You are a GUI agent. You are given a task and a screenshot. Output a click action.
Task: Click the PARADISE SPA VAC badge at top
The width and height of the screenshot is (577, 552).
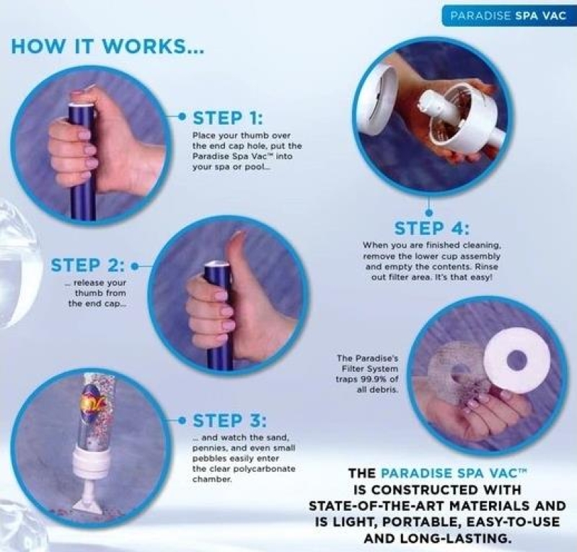pos(508,15)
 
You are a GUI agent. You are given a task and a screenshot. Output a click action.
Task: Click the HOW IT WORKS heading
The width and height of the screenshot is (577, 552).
pos(107,46)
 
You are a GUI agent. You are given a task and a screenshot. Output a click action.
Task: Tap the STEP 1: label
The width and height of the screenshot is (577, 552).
pos(228,118)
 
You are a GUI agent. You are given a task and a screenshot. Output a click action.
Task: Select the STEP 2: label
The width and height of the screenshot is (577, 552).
pos(87,265)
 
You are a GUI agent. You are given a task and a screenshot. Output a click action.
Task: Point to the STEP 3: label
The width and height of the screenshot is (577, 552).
pos(229,421)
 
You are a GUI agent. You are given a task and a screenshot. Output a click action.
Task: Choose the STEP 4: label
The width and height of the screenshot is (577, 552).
pos(431,228)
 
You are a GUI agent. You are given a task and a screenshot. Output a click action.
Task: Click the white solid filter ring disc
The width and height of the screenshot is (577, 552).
pos(517,360)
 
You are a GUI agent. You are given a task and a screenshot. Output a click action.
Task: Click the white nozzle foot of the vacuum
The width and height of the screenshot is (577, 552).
pos(88,499)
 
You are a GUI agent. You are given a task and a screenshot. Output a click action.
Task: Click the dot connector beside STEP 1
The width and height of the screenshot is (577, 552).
pos(182,117)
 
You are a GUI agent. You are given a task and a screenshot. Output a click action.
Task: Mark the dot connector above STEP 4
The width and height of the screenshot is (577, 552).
pos(428,213)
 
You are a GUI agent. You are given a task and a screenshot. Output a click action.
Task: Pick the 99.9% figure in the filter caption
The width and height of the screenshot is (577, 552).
pos(372,379)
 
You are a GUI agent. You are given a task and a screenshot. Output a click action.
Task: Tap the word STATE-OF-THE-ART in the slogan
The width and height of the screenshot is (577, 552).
pos(376,506)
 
